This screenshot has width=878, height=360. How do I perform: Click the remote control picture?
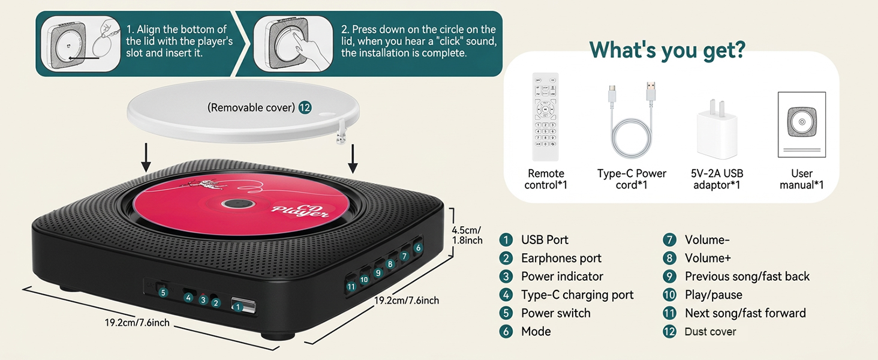545,116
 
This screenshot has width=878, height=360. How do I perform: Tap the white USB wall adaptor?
717,130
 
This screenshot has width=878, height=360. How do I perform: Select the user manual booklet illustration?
801,124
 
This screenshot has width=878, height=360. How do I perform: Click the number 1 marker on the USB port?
238,307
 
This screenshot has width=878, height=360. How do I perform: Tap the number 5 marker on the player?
162,292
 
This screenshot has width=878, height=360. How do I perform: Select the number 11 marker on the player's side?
351,286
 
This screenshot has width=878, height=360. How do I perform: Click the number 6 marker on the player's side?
418,247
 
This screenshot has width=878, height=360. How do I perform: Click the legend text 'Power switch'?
555,313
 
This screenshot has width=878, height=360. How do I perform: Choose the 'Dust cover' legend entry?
710,332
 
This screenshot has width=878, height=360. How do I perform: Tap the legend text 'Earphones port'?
561,258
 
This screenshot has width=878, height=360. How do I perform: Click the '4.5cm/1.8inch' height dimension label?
467,235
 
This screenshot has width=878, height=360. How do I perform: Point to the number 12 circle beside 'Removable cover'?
305,107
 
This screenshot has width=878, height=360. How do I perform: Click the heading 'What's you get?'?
667,50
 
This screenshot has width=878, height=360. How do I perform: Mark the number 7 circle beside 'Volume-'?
669,240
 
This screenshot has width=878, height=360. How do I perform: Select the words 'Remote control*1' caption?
545,179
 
